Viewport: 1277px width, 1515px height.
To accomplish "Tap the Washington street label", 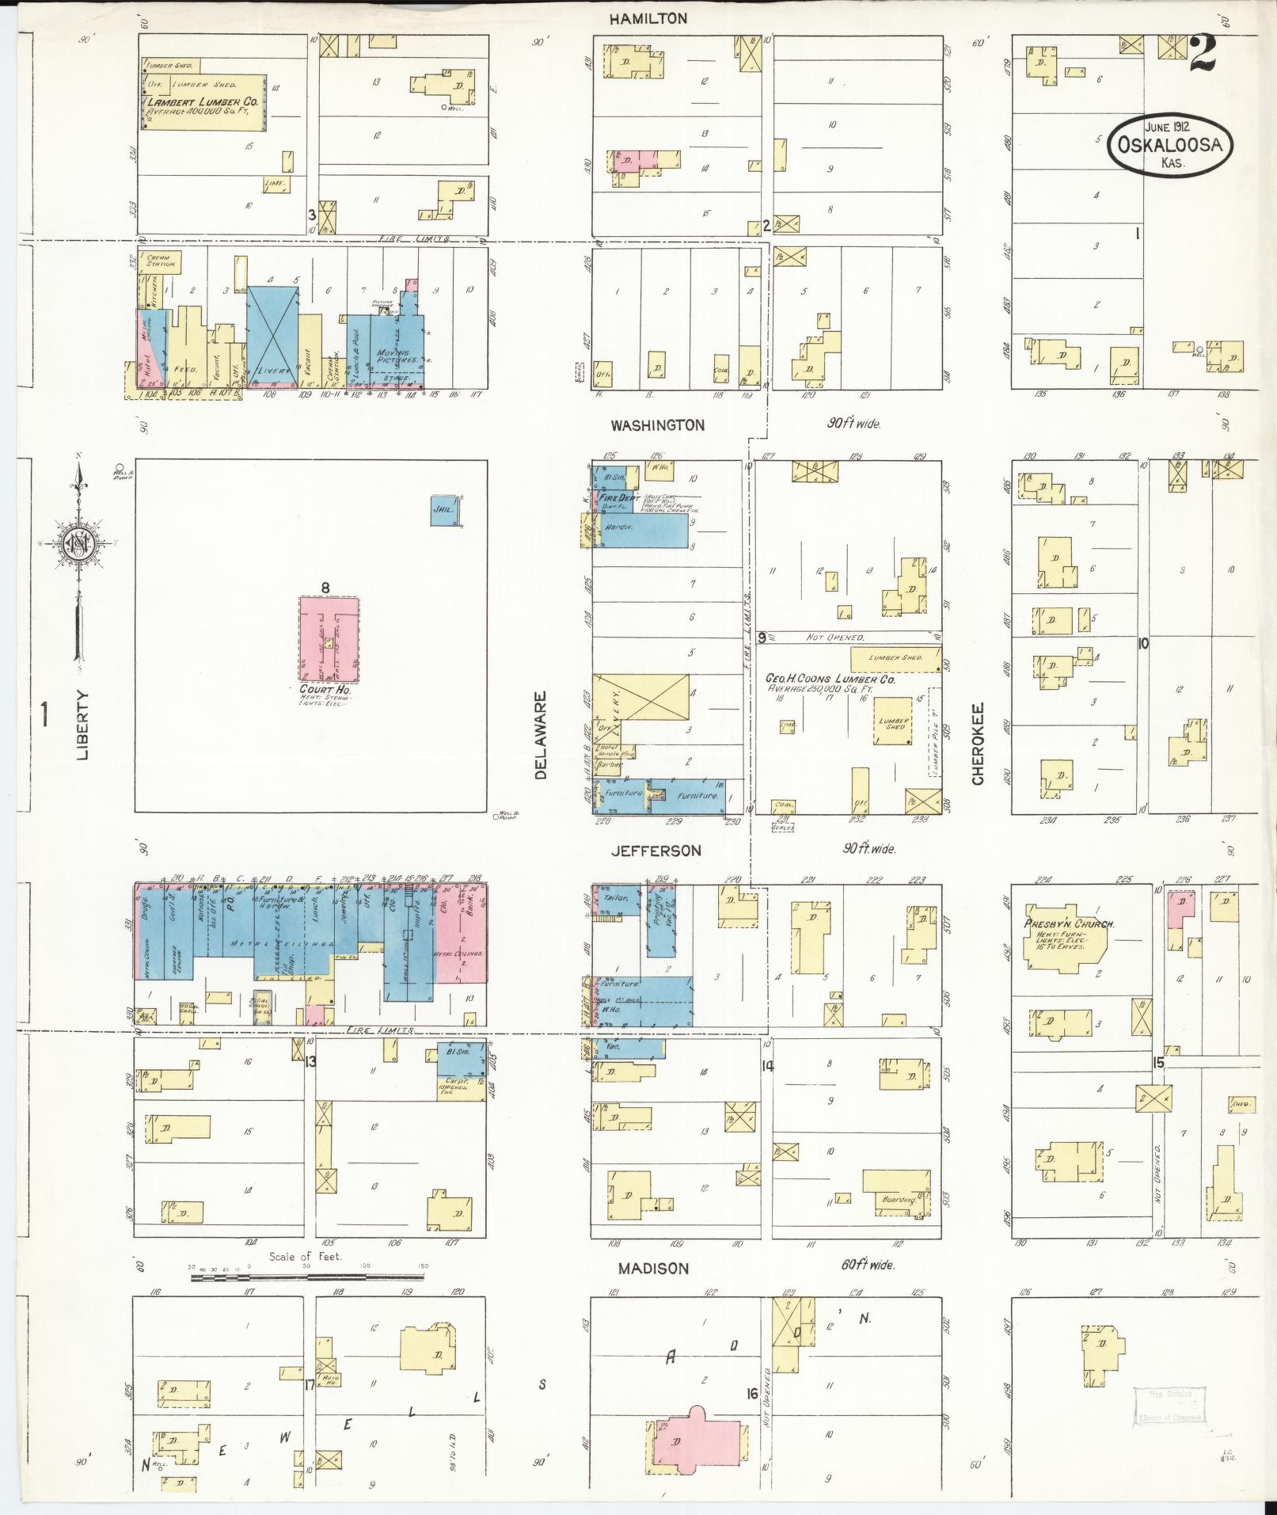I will pyautogui.click(x=657, y=425).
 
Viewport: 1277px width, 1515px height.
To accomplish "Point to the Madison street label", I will pyautogui.click(x=654, y=1269).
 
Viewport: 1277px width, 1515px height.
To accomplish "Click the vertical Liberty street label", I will pyautogui.click(x=83, y=725).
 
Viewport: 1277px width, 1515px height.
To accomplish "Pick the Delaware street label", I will pyautogui.click(x=542, y=736).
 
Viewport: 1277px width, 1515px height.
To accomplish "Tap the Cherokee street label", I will pyautogui.click(x=978, y=744).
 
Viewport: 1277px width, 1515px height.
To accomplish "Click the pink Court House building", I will pyautogui.click(x=329, y=639).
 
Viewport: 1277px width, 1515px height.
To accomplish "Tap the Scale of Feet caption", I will pyautogui.click(x=305, y=1257).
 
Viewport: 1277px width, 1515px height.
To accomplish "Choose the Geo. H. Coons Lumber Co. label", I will pyautogui.click(x=830, y=679).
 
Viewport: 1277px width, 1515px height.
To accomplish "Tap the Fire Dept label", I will pyautogui.click(x=618, y=499).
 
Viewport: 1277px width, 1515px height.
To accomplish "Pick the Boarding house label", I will pyautogui.click(x=898, y=1200).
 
